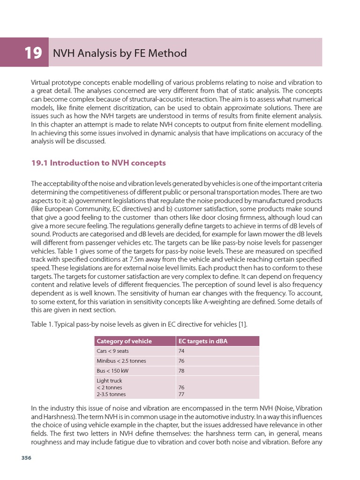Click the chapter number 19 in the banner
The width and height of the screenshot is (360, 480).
33,53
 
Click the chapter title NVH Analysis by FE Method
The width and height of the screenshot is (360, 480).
120,53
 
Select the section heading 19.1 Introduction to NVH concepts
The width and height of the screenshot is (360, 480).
98,163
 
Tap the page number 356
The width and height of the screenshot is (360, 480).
26,458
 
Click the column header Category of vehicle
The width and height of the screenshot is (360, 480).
124,341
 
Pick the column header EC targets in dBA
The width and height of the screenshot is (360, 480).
203,341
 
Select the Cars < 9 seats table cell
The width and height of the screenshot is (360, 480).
112,351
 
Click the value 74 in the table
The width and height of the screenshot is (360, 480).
182,351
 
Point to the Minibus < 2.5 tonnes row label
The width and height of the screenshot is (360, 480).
121,361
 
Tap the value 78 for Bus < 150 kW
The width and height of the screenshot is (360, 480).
182,371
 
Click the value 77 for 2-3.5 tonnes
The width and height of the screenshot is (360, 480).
182,394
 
